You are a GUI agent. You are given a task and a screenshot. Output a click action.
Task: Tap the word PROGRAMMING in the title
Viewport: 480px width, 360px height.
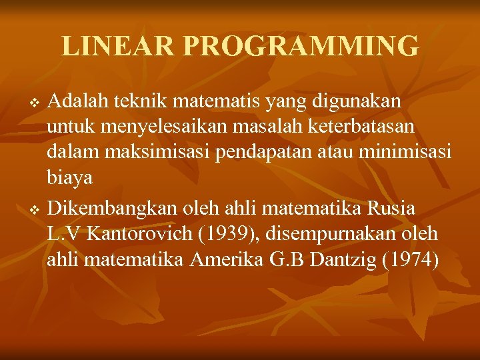click(x=301, y=47)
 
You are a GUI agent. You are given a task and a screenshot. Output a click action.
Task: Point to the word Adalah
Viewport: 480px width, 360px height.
click(x=79, y=101)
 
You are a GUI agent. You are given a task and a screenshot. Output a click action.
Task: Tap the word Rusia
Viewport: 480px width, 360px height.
click(x=391, y=209)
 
